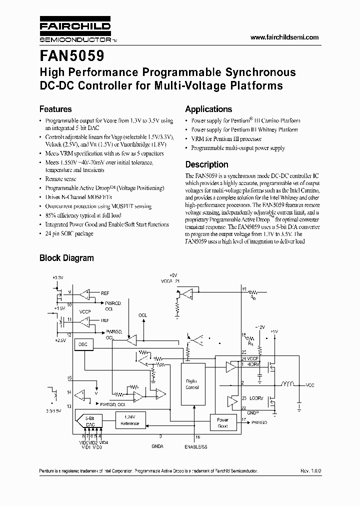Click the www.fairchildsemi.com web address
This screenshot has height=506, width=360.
point(283,38)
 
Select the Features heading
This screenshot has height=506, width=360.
point(55,109)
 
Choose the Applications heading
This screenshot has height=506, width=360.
point(208,109)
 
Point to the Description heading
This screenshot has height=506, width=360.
point(206,164)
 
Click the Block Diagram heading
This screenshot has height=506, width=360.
point(66,258)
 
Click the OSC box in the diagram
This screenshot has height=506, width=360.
point(82,345)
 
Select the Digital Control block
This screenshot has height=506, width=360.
point(192,384)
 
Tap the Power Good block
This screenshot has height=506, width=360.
point(223,423)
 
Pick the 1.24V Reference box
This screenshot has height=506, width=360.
point(130,420)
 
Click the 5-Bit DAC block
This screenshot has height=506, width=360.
point(90,421)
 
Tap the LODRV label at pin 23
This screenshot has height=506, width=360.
point(256,398)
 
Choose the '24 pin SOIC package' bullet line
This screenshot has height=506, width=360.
point(69,233)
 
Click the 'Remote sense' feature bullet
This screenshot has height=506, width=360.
point(61,178)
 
